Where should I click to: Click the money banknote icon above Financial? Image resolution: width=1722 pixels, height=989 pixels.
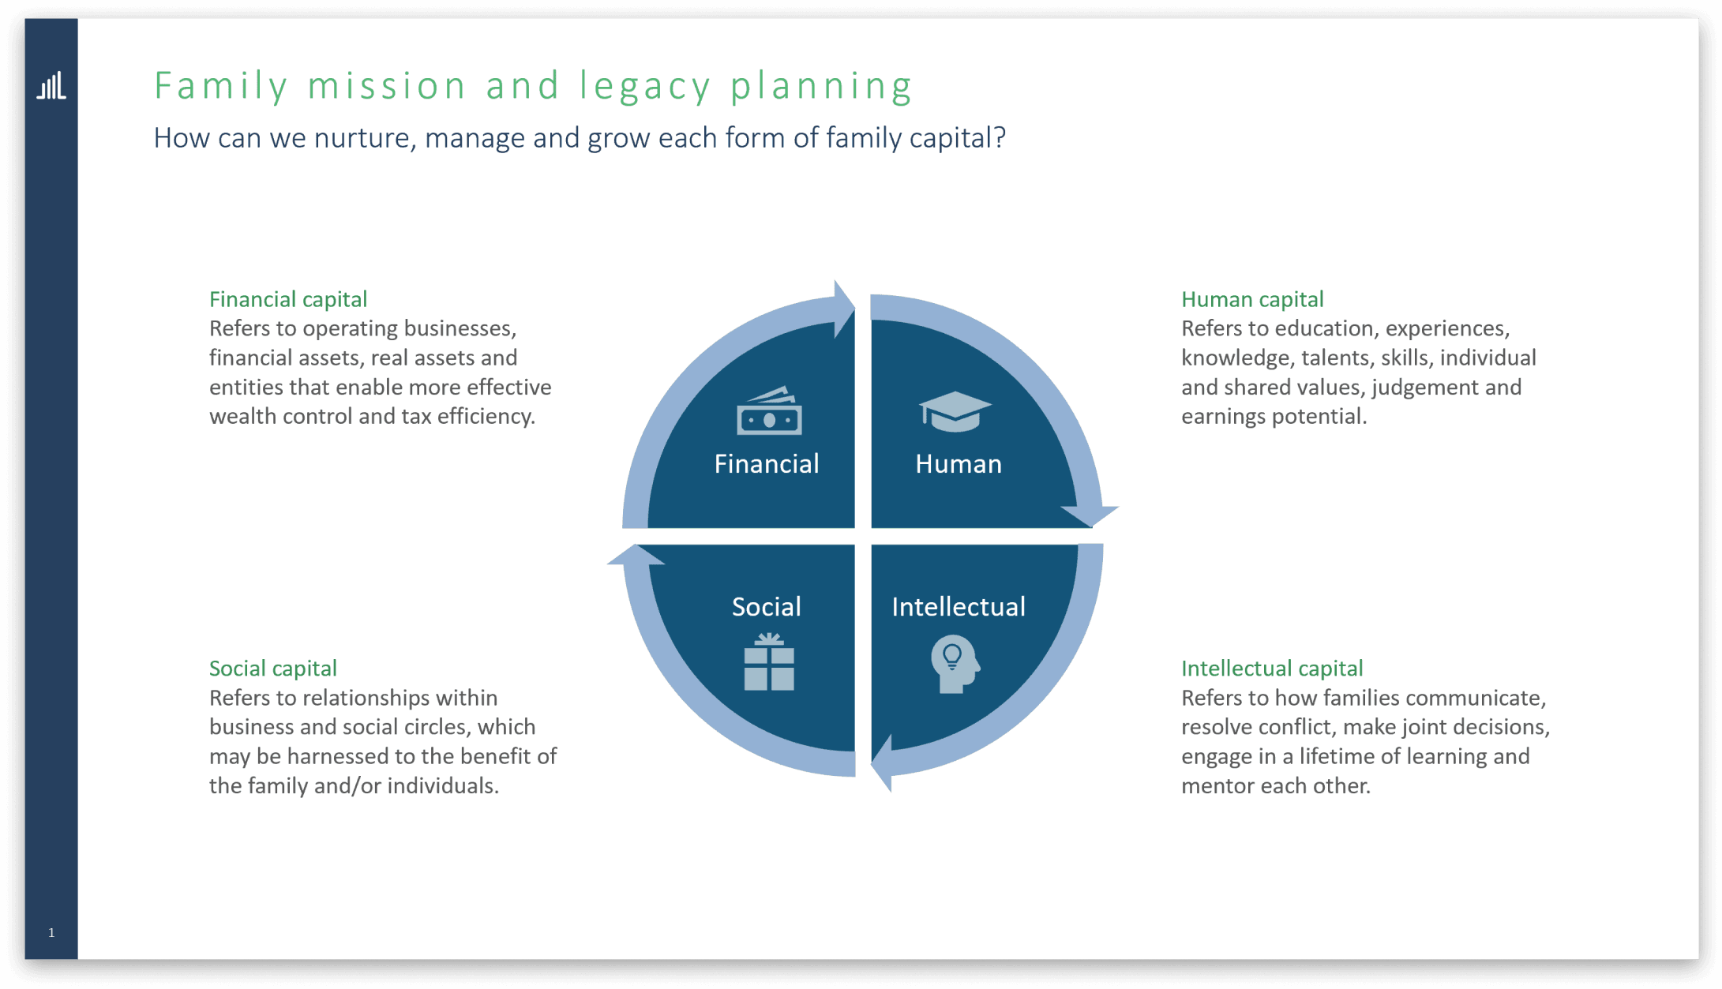coord(769,411)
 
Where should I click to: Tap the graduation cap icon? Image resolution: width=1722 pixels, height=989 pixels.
coord(955,411)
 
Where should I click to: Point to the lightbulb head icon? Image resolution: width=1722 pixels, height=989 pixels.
coord(955,665)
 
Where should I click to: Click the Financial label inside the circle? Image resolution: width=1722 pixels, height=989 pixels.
coord(766,464)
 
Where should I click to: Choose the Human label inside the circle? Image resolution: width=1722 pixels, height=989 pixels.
coord(958,464)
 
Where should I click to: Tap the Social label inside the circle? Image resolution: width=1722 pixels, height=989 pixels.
coord(766,606)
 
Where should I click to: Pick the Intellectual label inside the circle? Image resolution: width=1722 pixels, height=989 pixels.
coord(958,606)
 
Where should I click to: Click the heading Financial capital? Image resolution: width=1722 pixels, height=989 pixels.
coord(288,299)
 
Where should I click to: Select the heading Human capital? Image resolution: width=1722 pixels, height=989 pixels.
coord(1251,299)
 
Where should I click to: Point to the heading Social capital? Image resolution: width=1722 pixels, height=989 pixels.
coord(272,669)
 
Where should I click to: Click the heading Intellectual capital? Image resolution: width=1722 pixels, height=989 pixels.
coord(1271,669)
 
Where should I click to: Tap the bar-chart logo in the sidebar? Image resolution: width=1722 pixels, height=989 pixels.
coord(51,86)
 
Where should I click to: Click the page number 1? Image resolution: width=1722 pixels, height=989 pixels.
coord(51,932)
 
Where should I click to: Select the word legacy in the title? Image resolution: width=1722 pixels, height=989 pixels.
coord(645,86)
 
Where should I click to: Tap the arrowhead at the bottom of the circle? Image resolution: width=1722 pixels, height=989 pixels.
coord(883,763)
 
